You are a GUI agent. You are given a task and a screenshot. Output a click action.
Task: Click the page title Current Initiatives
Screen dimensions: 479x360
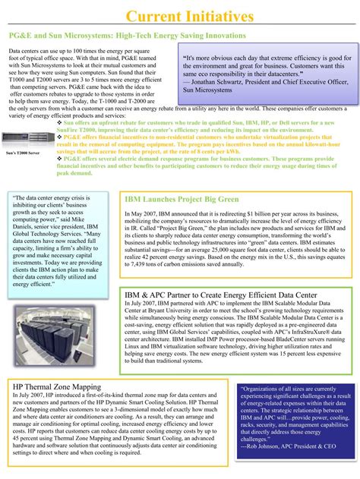[179, 17]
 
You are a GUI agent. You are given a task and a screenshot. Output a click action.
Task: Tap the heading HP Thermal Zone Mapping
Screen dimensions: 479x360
[57, 386]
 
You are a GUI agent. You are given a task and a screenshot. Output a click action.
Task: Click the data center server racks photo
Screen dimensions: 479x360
[61, 323]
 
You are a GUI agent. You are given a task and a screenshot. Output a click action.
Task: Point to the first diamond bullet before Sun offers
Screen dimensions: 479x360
[60, 121]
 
